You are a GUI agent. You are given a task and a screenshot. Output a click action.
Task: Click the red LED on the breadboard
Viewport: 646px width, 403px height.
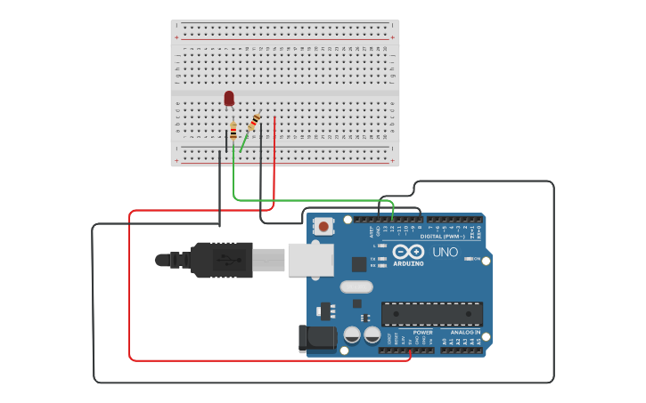(x=229, y=98)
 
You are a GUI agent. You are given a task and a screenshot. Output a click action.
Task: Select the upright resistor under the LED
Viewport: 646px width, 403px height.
(x=233, y=132)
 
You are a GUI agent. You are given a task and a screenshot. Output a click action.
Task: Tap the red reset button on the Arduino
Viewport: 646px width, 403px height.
(x=323, y=226)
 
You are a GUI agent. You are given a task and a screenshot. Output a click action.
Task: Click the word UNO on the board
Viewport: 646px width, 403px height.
(x=445, y=252)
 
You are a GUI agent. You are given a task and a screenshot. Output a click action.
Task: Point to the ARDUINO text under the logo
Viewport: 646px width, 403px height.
(x=408, y=263)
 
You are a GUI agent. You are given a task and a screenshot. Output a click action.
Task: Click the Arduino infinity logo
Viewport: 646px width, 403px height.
(x=408, y=252)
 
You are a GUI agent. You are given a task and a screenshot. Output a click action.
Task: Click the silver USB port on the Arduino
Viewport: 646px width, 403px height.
(x=310, y=259)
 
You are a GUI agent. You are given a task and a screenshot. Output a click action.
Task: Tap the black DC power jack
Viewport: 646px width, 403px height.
(x=317, y=338)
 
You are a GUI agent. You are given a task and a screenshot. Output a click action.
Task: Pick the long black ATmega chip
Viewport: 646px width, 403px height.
(x=432, y=313)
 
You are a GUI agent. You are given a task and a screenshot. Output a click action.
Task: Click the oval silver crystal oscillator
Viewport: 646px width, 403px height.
(x=356, y=286)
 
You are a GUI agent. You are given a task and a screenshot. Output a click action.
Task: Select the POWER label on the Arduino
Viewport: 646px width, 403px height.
(x=422, y=332)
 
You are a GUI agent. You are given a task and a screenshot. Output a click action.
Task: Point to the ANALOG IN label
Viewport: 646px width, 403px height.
(x=464, y=332)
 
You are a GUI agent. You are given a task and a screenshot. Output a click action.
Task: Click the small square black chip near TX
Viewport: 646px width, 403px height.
(x=358, y=263)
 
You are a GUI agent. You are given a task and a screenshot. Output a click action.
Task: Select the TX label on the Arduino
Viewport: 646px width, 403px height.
(x=374, y=259)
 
